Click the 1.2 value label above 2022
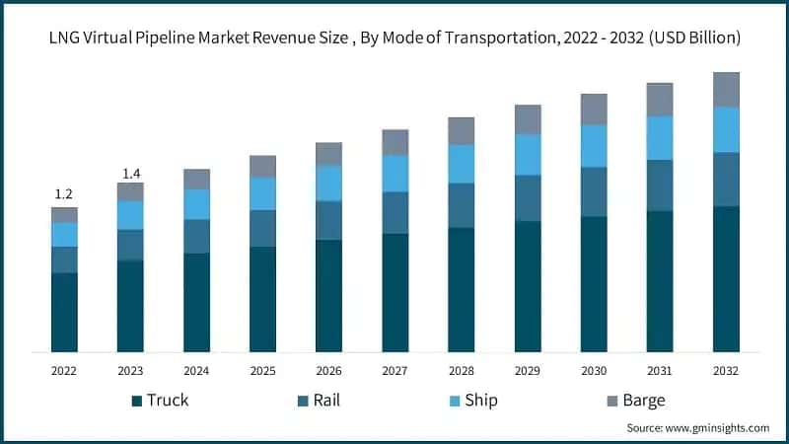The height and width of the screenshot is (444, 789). click(64, 193)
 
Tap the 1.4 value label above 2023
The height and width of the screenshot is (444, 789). click(130, 174)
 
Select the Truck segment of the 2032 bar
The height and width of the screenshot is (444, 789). click(726, 278)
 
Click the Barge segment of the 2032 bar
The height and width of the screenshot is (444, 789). click(726, 89)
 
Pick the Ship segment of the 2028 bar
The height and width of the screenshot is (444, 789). click(461, 164)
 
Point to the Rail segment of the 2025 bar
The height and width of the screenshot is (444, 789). click(262, 228)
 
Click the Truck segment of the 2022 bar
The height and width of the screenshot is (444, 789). click(64, 312)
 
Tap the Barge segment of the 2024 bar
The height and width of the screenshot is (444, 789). click(196, 179)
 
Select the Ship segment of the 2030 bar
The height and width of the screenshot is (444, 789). click(594, 146)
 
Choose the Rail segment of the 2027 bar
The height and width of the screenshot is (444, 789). click(394, 212)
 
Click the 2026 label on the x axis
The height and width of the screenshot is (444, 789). click(328, 371)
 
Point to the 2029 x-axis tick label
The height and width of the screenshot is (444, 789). click(528, 371)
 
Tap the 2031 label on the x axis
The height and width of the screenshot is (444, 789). click(660, 371)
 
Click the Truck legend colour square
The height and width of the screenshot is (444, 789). click(136, 401)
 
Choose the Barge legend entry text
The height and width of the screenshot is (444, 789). click(643, 401)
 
